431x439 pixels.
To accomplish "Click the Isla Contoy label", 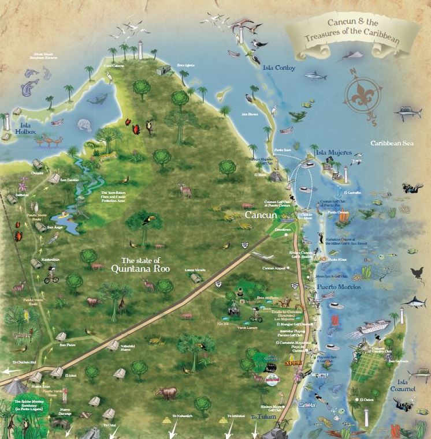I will (278, 68).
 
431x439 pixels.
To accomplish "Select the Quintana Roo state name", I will (140, 263).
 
